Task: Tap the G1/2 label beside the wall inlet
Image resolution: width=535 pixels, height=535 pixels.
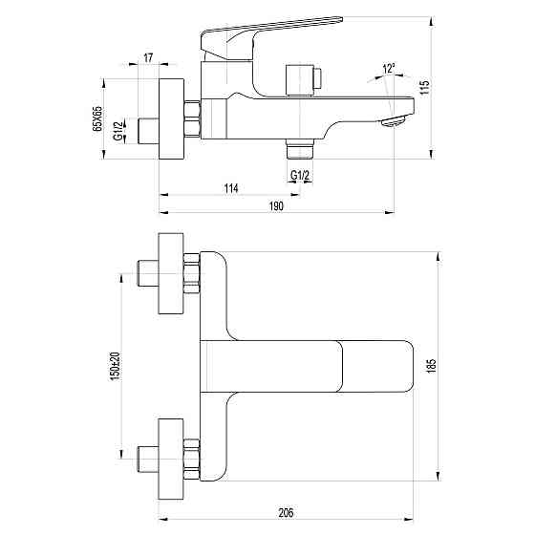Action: (x=117, y=130)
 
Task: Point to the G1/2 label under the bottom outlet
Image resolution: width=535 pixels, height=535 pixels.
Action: (x=299, y=173)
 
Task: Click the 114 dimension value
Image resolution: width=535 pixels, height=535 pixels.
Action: (x=230, y=187)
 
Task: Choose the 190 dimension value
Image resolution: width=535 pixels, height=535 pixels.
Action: (x=277, y=206)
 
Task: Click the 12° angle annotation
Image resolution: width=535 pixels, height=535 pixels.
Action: (x=388, y=69)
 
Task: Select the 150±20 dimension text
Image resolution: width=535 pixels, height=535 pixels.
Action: (x=115, y=363)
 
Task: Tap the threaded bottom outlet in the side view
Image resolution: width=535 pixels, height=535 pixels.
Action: (x=299, y=149)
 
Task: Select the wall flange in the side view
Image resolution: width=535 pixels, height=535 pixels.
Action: (x=172, y=119)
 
